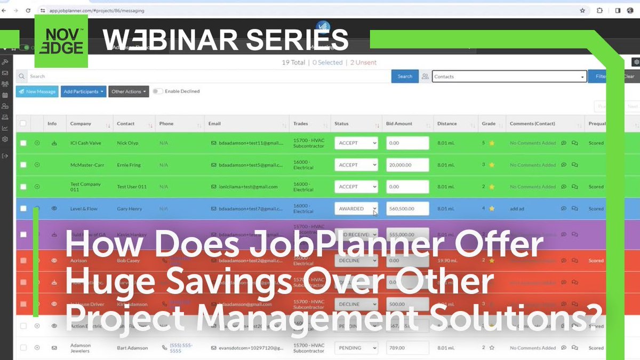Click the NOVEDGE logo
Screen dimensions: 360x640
61,41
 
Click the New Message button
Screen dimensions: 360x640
37,91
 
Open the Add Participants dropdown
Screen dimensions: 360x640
83,91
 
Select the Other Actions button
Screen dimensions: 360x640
129,91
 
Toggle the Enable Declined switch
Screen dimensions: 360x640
157,91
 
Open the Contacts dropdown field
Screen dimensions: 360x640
509,76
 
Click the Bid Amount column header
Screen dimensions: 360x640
399,124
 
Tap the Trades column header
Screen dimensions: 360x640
301,124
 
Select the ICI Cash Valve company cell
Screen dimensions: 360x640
85,143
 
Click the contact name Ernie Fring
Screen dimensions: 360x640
129,165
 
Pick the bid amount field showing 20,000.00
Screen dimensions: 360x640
407,165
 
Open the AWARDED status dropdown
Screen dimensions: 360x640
356,209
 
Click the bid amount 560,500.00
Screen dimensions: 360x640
407,209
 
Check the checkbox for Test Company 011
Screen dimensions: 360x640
23,187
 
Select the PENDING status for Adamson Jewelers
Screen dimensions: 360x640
356,348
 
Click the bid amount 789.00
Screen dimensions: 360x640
407,348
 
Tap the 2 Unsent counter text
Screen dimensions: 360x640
363,62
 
